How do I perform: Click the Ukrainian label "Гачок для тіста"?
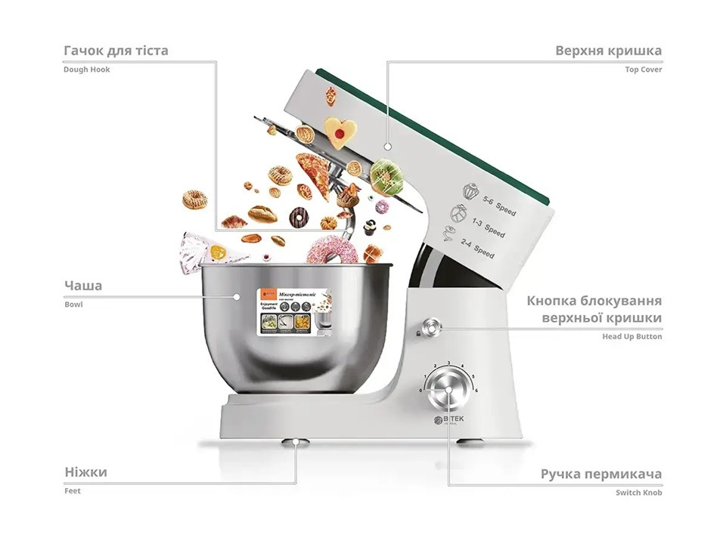[x=116, y=51]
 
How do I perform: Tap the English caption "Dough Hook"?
[x=87, y=70]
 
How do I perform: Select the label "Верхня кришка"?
[x=608, y=51]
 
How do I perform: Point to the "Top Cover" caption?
[x=643, y=70]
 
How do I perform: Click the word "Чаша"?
[x=83, y=286]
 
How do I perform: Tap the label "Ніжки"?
[x=85, y=472]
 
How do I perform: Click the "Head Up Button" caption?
[x=631, y=336]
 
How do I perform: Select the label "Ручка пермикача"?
[x=600, y=474]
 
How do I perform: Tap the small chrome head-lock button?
[x=431, y=327]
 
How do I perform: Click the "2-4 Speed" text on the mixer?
[x=478, y=249]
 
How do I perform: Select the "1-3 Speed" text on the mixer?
[x=488, y=226]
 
